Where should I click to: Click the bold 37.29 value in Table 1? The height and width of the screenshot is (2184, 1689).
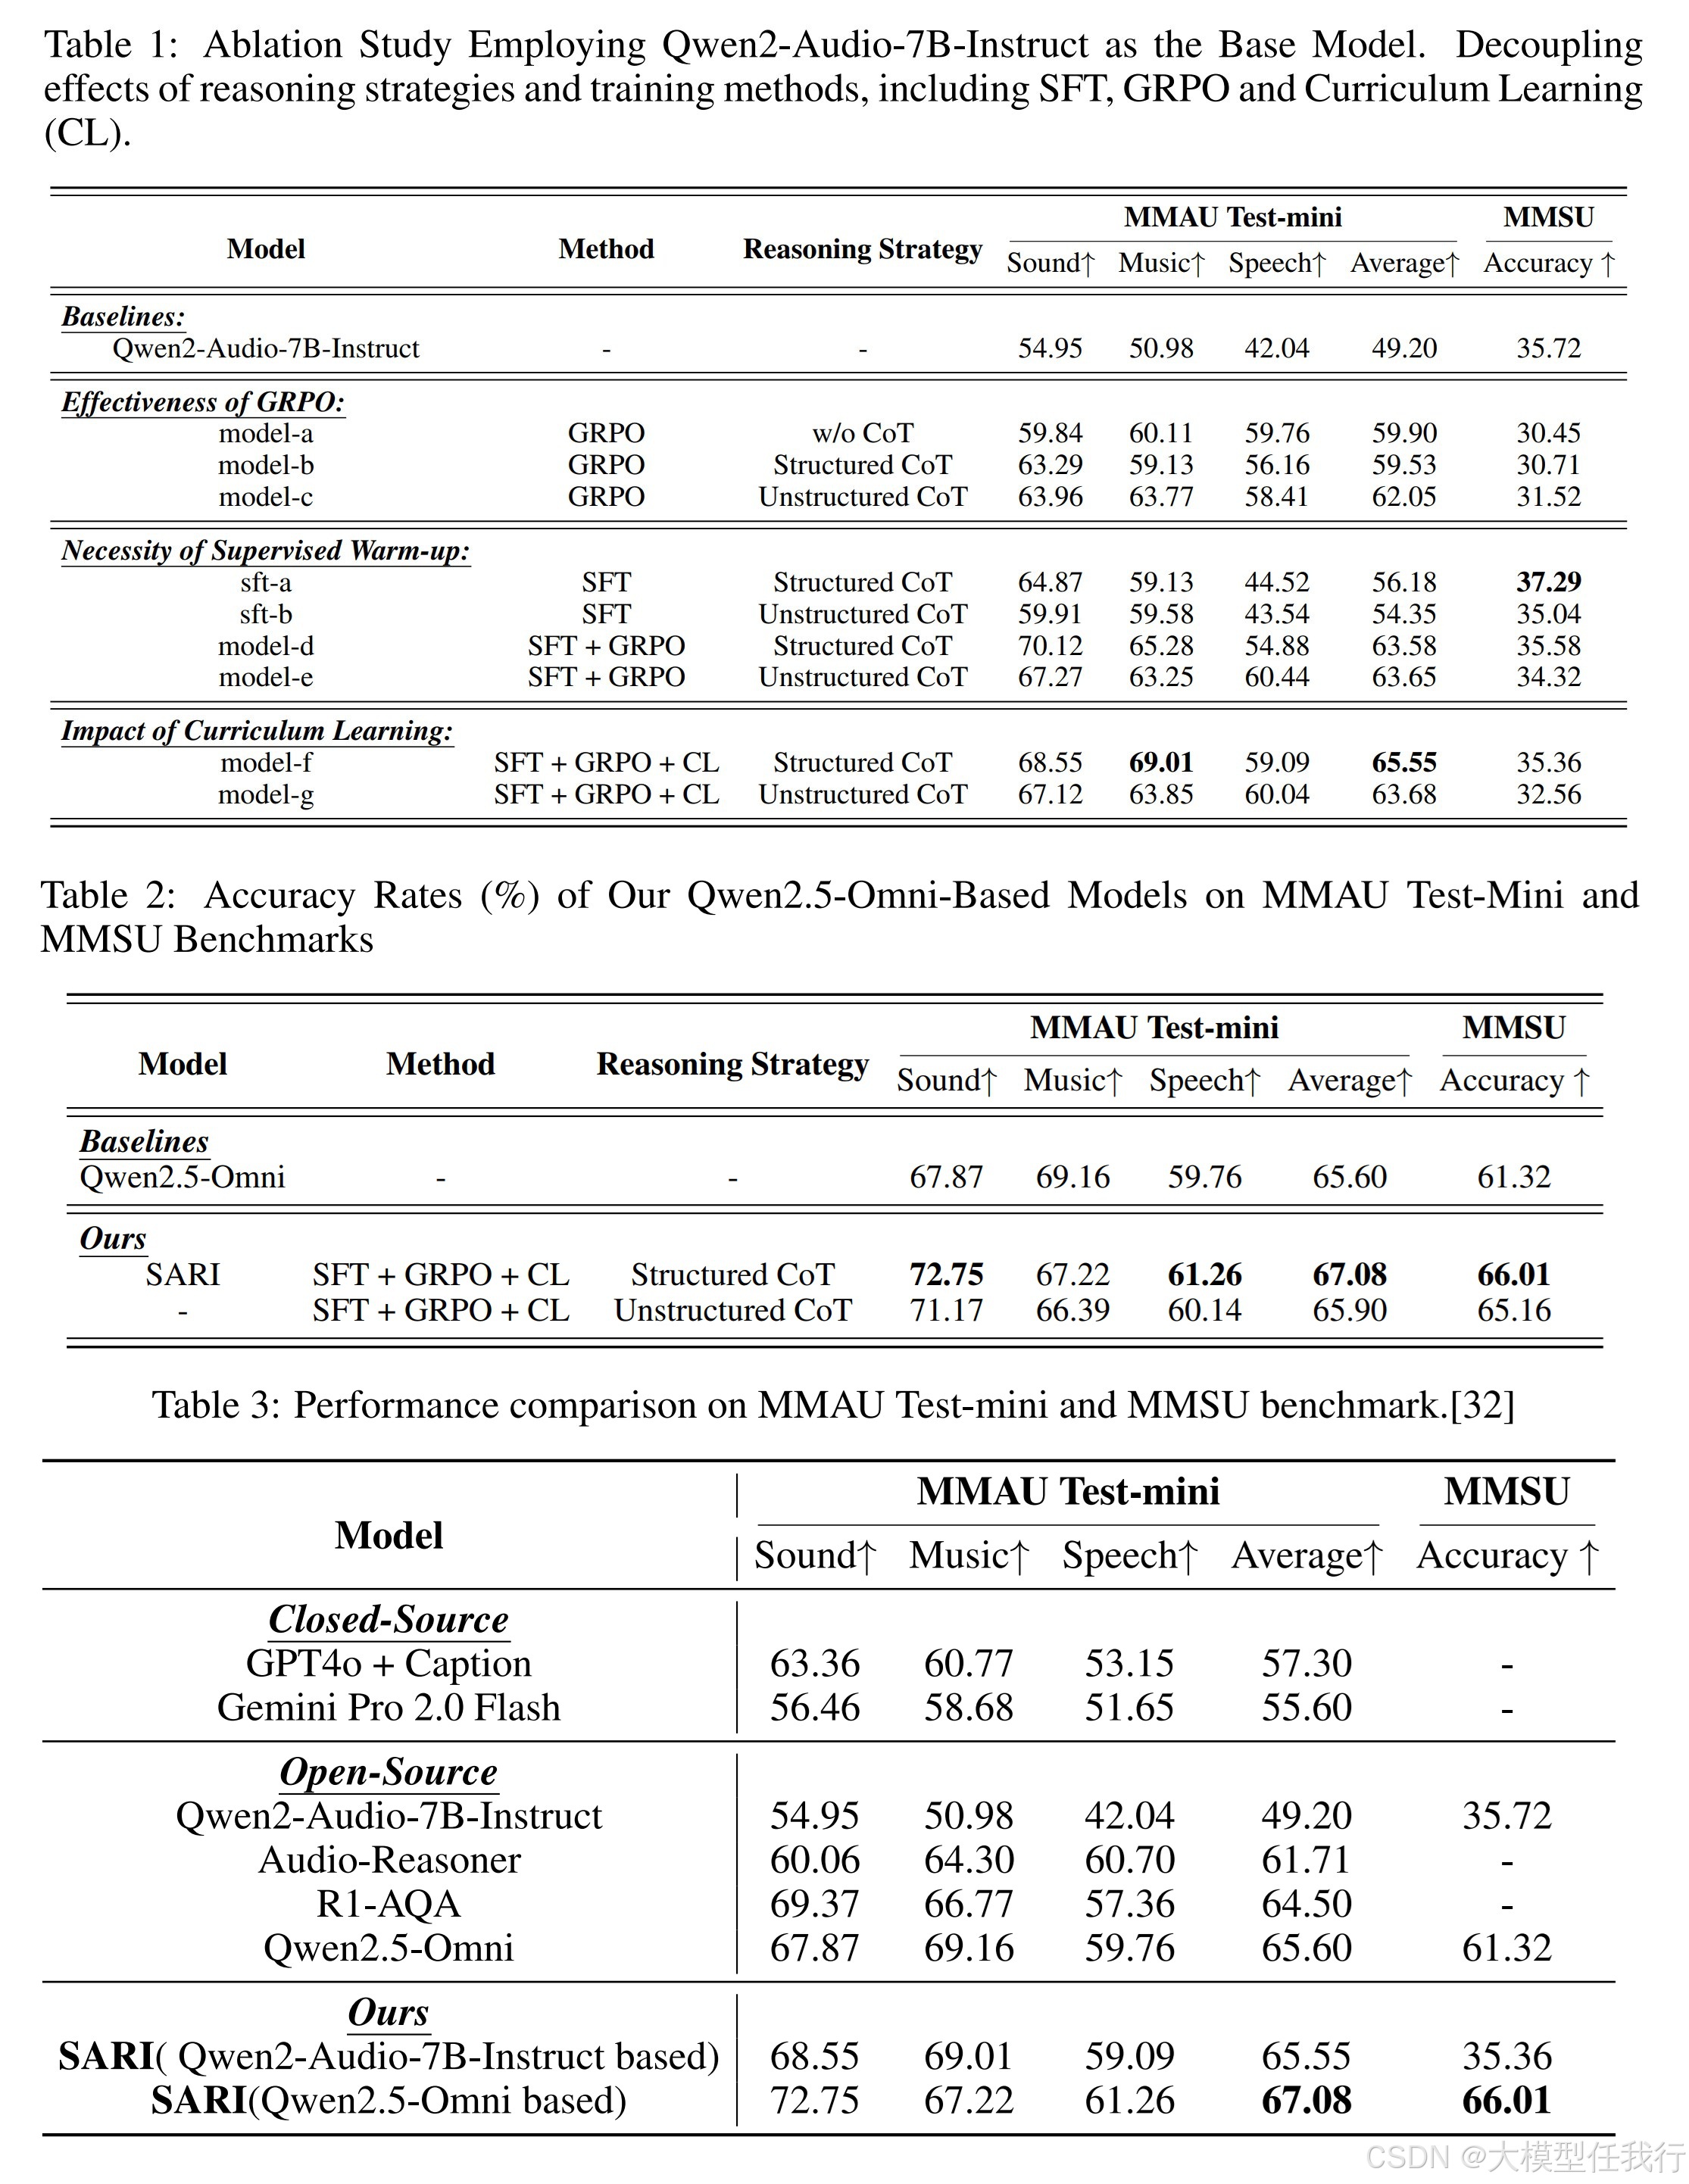[x=1548, y=582]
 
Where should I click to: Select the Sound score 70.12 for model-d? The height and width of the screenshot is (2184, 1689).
[x=1050, y=646]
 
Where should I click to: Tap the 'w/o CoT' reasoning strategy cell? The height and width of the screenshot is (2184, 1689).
[x=862, y=433]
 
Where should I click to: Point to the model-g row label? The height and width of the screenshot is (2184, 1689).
[x=266, y=794]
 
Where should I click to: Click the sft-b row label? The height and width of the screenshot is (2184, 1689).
[x=266, y=614]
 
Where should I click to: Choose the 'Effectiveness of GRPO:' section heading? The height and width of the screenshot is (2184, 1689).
[x=203, y=402]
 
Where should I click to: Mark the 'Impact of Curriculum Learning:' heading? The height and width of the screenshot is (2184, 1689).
[x=257, y=731]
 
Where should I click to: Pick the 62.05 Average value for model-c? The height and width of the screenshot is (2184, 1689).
[x=1404, y=497]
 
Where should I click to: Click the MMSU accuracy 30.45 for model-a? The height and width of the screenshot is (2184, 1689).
[x=1548, y=433]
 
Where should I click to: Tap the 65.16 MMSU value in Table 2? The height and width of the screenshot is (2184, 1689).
[x=1514, y=1310]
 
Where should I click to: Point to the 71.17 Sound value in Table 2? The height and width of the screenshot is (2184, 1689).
[x=946, y=1310]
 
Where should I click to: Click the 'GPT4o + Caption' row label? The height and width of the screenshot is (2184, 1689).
[x=389, y=1663]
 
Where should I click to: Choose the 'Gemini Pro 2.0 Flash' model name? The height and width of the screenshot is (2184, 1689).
[x=389, y=1707]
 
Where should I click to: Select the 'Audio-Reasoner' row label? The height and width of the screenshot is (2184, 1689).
[x=389, y=1860]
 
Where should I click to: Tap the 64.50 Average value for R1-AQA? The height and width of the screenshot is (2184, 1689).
[x=1306, y=1904]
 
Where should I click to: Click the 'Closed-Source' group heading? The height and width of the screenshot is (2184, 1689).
[x=389, y=1619]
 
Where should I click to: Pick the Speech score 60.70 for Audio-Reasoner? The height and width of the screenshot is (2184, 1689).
[x=1129, y=1860]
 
